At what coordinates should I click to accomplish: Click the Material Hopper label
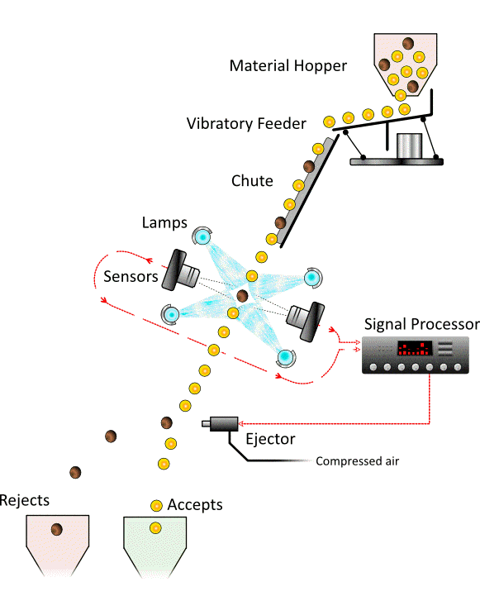[288, 66]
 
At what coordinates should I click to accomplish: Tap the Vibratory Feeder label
[246, 124]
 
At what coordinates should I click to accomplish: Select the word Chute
[252, 181]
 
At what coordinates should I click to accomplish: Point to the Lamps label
[164, 223]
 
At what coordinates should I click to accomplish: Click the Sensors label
[131, 276]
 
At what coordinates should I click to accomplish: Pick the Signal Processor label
[422, 324]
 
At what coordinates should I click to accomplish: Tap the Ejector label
[270, 439]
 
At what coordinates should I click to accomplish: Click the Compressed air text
[358, 461]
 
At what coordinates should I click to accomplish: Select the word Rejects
[25, 500]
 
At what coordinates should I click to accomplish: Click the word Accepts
[195, 505]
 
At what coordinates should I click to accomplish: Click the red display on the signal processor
[415, 348]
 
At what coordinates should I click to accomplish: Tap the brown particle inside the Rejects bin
[57, 529]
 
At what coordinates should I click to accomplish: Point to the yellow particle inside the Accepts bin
[155, 528]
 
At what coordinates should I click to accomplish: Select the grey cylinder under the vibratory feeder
[409, 145]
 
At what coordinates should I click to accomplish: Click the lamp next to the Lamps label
[202, 236]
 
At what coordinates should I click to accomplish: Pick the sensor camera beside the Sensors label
[180, 270]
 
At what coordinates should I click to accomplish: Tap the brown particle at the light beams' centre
[242, 296]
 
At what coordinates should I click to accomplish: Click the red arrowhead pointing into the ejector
[241, 423]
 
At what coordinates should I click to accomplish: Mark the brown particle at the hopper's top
[408, 43]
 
